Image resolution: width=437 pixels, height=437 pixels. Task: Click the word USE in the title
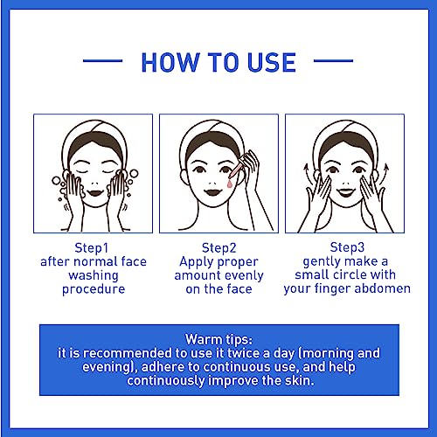click(x=272, y=62)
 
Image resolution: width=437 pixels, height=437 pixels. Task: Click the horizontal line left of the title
click(x=102, y=61)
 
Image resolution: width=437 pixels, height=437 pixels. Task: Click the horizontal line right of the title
click(x=333, y=61)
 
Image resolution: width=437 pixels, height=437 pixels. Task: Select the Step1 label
click(x=92, y=248)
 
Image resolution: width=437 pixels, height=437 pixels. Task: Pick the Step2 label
click(x=219, y=248)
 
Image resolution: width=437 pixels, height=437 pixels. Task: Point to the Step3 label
click(x=347, y=247)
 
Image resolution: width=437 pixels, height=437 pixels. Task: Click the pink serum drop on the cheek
click(x=230, y=184)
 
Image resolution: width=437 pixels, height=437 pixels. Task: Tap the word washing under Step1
click(x=94, y=276)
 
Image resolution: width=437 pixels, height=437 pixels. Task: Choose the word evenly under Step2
click(x=244, y=276)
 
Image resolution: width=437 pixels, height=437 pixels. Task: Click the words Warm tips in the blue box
click(x=219, y=340)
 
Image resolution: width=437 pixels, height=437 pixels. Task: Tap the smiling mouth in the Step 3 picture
click(x=346, y=192)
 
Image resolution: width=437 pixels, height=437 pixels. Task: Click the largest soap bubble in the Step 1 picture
click(x=134, y=174)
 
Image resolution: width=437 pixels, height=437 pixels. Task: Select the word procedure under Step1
click(x=94, y=289)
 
